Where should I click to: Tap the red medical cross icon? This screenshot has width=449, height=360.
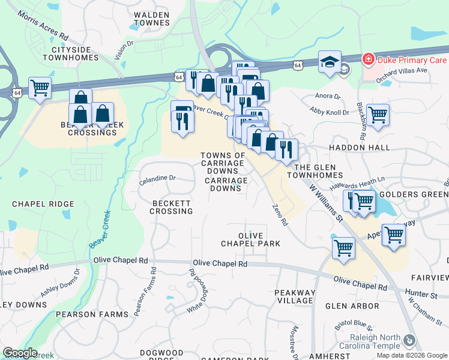[x=367, y=59]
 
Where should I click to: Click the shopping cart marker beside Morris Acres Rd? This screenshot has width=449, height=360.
[x=40, y=89]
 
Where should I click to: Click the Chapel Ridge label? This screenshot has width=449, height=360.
[x=43, y=204]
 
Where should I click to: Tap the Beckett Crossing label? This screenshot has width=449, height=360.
[x=172, y=207]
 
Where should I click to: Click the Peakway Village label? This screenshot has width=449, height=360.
[x=294, y=296]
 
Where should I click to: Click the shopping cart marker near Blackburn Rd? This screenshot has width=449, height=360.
[x=378, y=115]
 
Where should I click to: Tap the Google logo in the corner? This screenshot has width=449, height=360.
[x=20, y=353]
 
